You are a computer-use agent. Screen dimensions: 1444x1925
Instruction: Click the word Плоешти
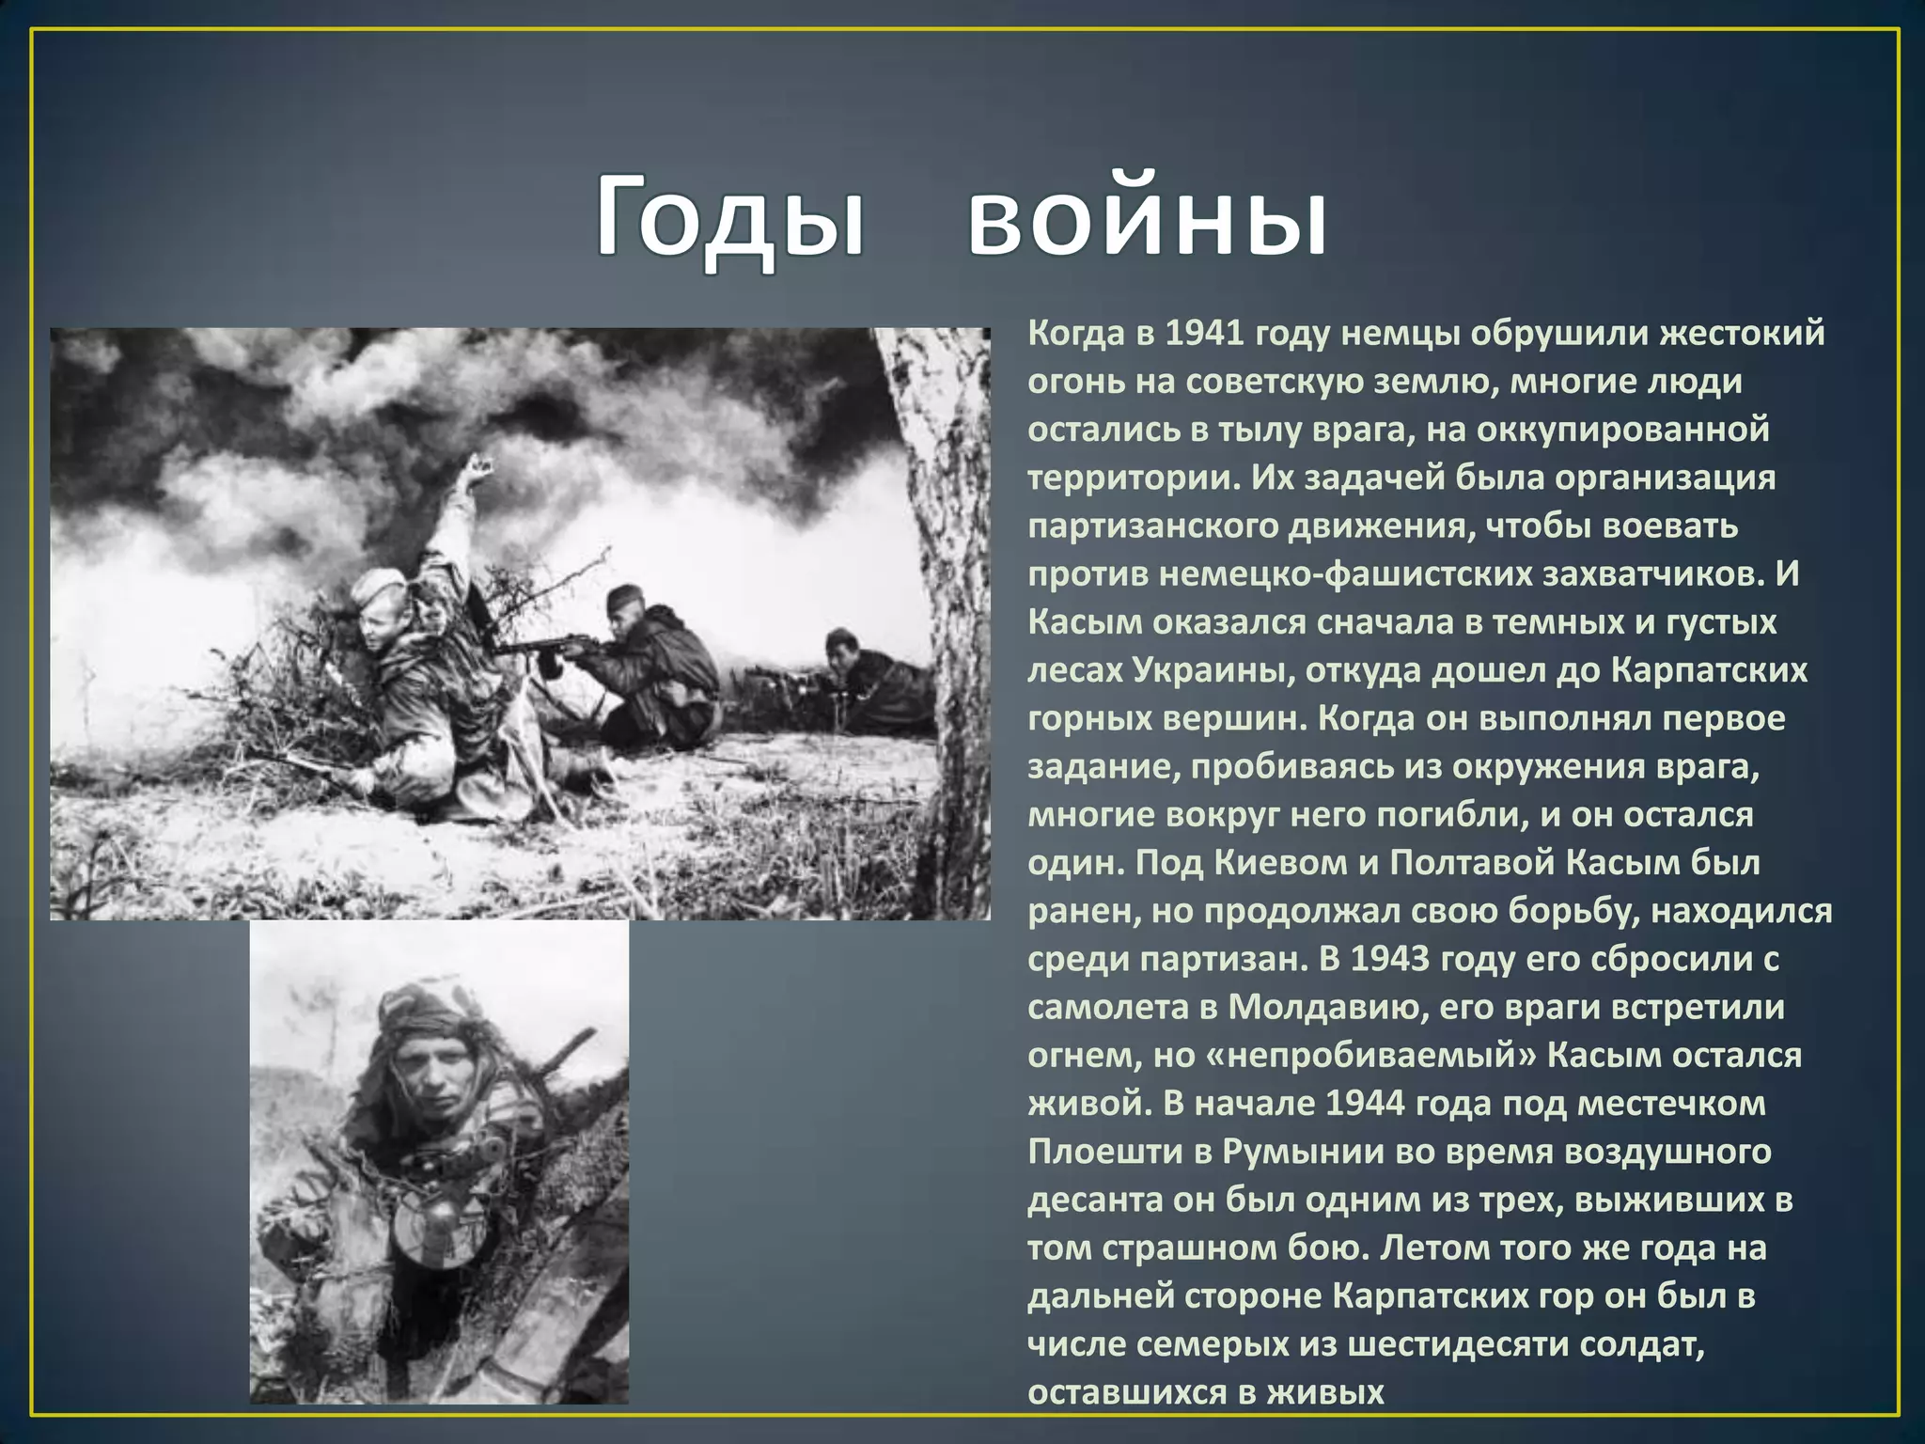point(1105,1151)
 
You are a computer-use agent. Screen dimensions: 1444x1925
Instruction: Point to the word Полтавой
point(1472,862)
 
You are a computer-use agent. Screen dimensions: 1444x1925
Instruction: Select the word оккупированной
point(1622,430)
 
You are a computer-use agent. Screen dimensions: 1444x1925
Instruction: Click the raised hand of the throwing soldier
point(477,470)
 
